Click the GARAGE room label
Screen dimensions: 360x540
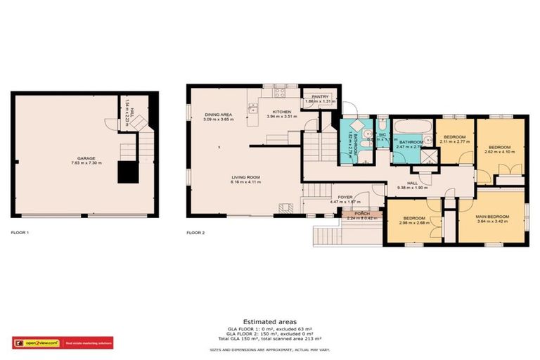pyautogui.click(x=86, y=158)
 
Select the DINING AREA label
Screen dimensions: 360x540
pyautogui.click(x=217, y=114)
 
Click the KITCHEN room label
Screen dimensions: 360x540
pyautogui.click(x=282, y=111)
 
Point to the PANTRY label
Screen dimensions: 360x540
pyautogui.click(x=320, y=98)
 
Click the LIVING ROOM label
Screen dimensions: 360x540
pyautogui.click(x=245, y=177)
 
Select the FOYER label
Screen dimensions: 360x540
pyautogui.click(x=345, y=197)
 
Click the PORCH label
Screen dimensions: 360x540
pyautogui.click(x=362, y=213)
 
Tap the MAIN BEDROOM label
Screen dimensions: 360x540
pyautogui.click(x=492, y=217)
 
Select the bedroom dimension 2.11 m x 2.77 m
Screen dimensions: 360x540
pyautogui.click(x=454, y=141)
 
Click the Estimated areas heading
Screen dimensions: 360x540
pyautogui.click(x=269, y=321)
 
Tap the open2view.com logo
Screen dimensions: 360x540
pyautogui.click(x=37, y=343)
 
